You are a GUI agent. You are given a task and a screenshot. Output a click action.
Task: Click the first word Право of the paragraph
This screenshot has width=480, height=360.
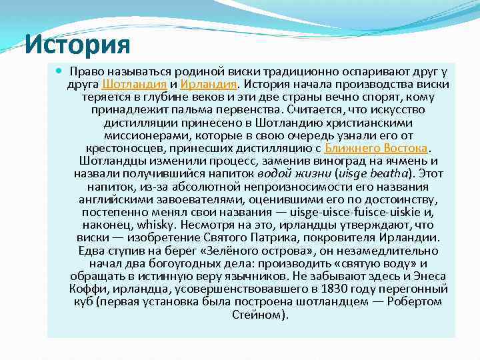click(85, 71)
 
